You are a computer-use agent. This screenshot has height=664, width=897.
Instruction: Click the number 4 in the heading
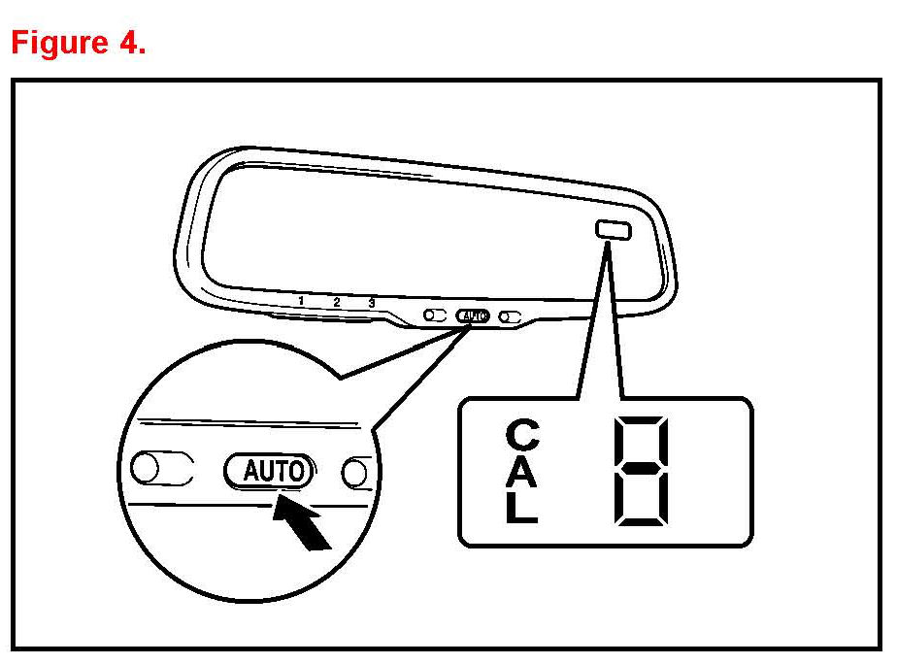point(130,44)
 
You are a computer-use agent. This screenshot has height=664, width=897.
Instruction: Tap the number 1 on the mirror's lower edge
point(301,301)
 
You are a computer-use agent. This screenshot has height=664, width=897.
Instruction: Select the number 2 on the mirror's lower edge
point(336,302)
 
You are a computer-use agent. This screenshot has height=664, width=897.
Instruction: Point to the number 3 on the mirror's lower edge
point(371,303)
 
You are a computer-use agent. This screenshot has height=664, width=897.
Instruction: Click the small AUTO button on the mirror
point(473,315)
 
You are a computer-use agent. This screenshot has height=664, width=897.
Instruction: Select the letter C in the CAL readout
point(521,435)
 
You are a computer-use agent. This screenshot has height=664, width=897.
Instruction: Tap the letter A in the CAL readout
point(521,473)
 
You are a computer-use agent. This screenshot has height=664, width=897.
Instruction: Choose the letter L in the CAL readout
point(521,509)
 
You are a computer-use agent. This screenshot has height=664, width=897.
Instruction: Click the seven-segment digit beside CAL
point(640,471)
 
